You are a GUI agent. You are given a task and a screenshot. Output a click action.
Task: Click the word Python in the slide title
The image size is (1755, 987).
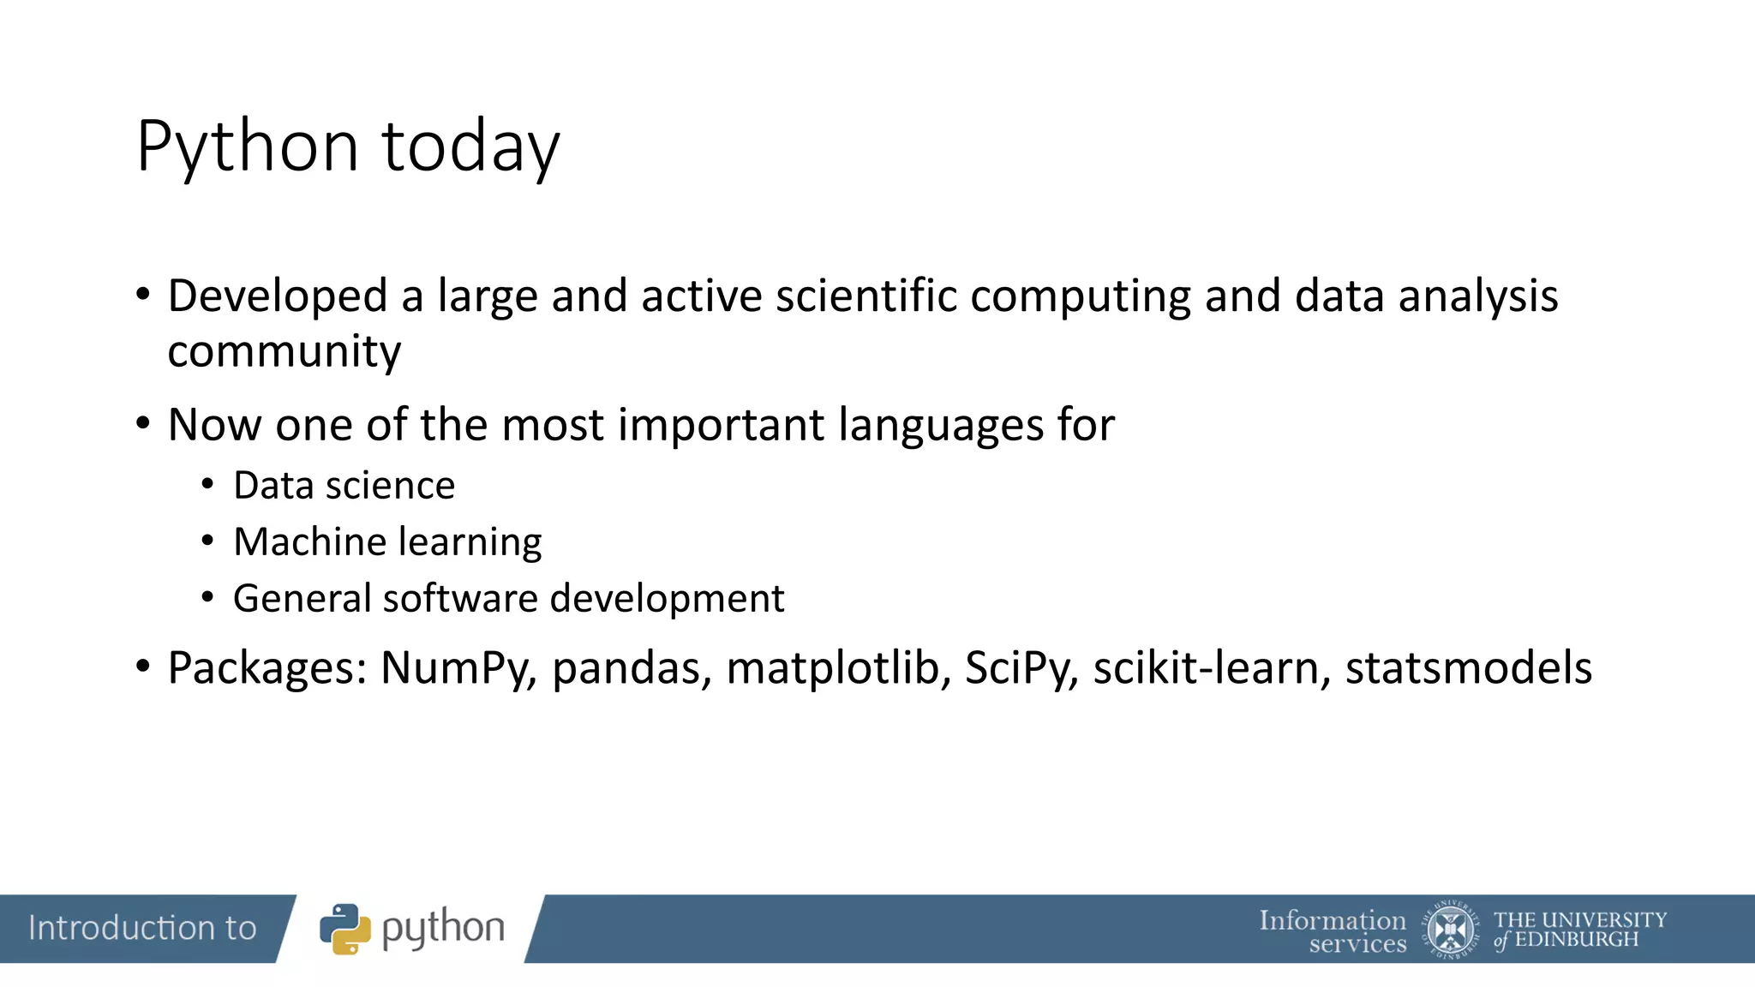coord(247,147)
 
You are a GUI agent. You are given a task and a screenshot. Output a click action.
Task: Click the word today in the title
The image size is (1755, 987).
coord(470,147)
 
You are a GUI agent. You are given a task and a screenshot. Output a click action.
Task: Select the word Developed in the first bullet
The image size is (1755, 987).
coord(278,297)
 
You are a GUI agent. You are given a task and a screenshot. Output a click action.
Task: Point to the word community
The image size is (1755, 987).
coord(284,353)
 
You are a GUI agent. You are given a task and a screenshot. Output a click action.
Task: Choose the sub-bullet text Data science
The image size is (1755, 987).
coord(344,486)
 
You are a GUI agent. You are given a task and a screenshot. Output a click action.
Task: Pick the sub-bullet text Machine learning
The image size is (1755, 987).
coord(387,542)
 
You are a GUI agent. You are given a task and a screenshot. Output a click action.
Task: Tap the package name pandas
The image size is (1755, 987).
coord(632,668)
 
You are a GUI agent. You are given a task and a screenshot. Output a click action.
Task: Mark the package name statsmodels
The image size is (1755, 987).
coord(1468,668)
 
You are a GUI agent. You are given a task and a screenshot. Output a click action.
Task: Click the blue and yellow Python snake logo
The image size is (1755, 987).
coord(344,929)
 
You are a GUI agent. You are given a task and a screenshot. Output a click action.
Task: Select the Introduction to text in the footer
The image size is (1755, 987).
coord(142,928)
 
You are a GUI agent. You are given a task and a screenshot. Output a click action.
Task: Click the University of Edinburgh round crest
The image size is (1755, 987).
coord(1450,930)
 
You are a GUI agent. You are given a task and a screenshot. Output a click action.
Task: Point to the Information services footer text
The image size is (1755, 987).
coord(1333,931)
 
